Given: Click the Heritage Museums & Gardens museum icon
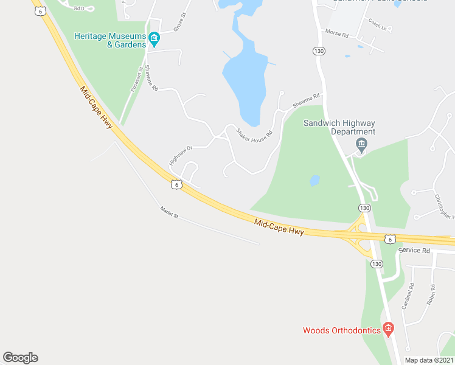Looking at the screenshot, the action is click(x=155, y=40).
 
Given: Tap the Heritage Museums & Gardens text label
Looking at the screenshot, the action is click(x=110, y=40).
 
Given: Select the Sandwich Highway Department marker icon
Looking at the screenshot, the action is click(x=361, y=145).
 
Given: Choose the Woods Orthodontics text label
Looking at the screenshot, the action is click(x=342, y=331).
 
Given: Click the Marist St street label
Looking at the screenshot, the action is click(x=169, y=212).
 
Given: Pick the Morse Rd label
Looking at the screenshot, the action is click(x=336, y=34).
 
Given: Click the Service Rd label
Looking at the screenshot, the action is click(x=414, y=251).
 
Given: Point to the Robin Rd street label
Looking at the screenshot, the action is click(x=431, y=295).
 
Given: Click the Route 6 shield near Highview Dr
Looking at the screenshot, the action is click(x=176, y=184).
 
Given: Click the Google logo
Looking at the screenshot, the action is click(x=20, y=358).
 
